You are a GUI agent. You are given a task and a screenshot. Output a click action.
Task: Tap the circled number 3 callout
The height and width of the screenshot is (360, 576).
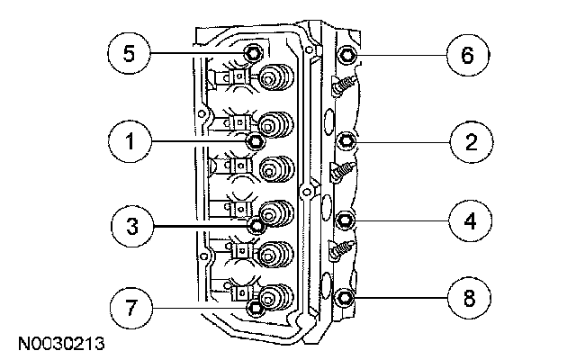(x=133, y=224)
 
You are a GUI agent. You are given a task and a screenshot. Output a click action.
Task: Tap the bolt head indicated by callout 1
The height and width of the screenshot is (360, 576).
(x=256, y=141)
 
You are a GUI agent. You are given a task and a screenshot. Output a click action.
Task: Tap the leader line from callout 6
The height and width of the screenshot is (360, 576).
(x=400, y=55)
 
